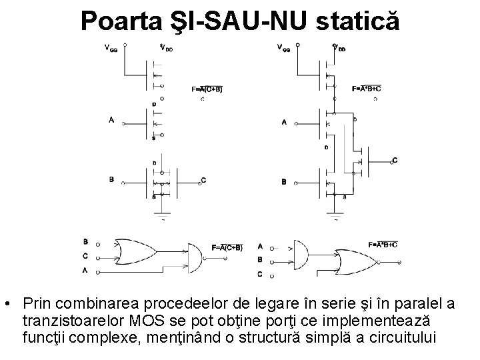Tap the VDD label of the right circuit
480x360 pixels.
coord(339,47)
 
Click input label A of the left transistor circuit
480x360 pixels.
coord(111,119)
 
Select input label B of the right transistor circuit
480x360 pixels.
coord(284,181)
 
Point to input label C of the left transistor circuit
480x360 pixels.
coord(203,180)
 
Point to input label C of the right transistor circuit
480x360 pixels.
coord(395,160)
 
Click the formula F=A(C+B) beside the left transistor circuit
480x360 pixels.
coord(207,89)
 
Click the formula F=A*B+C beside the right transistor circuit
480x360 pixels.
coord(367,89)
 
